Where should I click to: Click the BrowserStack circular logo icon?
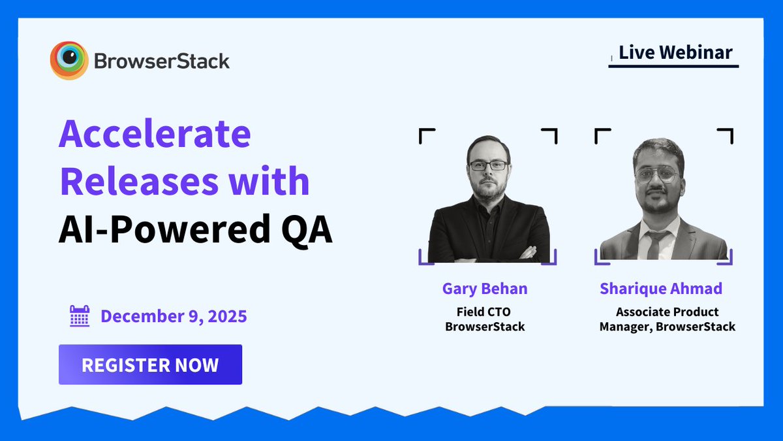click(x=69, y=61)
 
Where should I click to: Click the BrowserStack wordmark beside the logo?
click(x=162, y=61)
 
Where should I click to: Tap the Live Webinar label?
click(x=675, y=52)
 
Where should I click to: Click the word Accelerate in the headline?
click(x=155, y=135)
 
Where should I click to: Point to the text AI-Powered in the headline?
click(x=163, y=231)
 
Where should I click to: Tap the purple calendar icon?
click(x=80, y=316)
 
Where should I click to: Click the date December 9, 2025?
click(x=174, y=317)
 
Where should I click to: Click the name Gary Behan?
click(x=485, y=289)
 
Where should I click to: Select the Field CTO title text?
click(x=485, y=312)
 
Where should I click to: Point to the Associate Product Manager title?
click(x=667, y=319)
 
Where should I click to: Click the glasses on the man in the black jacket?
click(x=488, y=166)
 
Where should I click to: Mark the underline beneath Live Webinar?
click(x=673, y=66)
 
